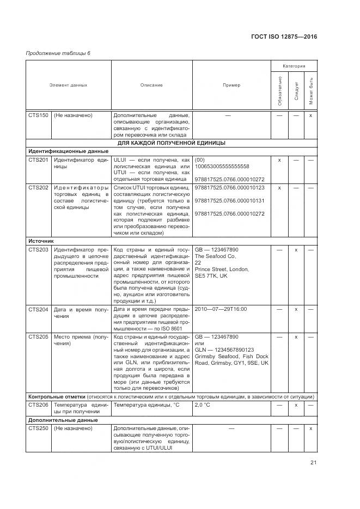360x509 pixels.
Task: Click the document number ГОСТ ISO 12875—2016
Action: (283, 37)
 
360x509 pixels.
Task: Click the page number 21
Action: (313, 463)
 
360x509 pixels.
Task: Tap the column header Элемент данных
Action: (68, 85)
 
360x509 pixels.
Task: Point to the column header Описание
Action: (151, 85)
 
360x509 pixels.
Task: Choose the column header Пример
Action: (231, 85)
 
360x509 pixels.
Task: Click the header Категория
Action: (294, 65)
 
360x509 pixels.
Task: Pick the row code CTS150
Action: (39, 115)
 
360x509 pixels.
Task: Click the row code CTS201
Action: (39, 160)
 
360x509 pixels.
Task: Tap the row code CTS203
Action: (39, 249)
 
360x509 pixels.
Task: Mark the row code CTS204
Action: (39, 309)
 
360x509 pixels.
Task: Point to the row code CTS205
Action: (39, 337)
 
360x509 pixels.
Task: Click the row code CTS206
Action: (39, 405)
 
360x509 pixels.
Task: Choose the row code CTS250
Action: (39, 428)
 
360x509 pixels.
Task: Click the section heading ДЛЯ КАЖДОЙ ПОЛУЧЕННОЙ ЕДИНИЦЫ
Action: (172, 143)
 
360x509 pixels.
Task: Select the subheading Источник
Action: (41, 240)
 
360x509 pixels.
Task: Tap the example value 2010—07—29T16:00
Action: (221, 309)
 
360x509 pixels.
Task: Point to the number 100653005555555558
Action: (222, 166)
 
